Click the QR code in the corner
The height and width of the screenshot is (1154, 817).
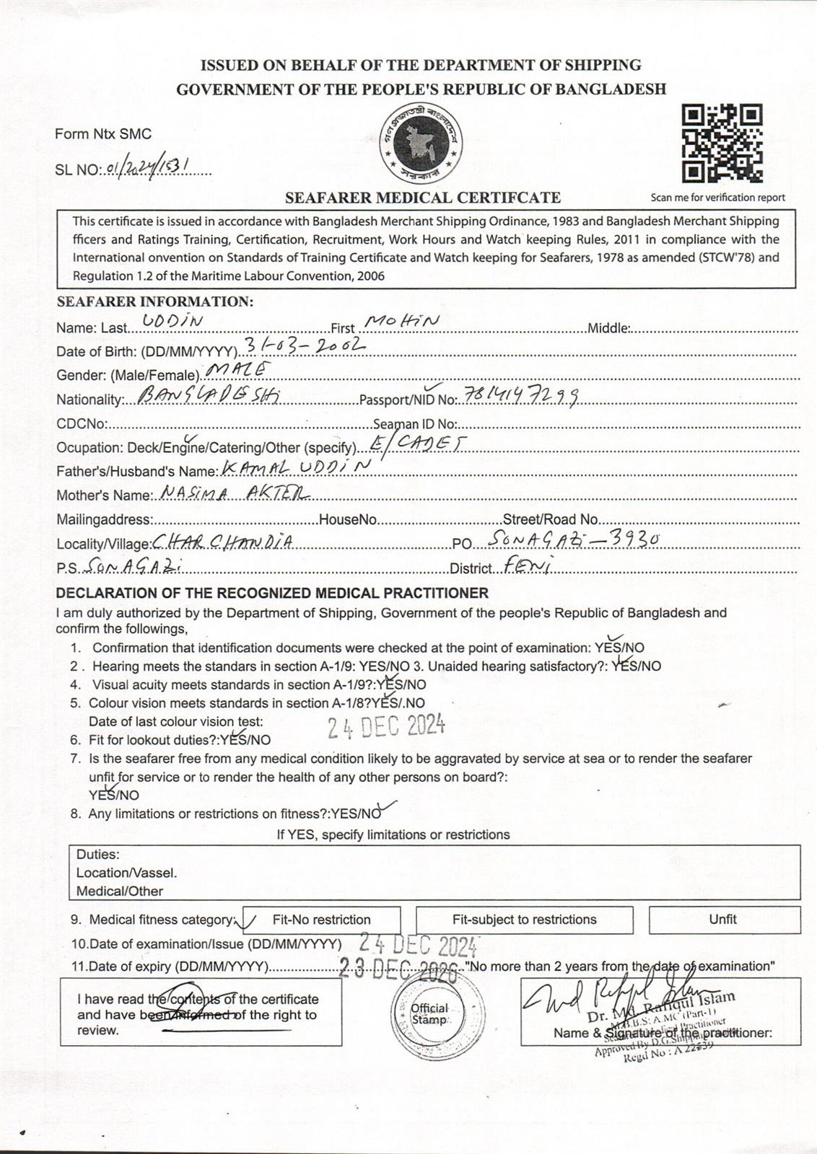(722, 144)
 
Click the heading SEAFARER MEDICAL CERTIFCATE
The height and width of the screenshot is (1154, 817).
(423, 198)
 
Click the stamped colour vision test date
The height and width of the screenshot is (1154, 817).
(386, 726)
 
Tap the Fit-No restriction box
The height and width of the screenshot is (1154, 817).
(321, 920)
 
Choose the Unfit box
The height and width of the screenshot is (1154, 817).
(723, 919)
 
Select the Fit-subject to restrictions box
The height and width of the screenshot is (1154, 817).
(524, 920)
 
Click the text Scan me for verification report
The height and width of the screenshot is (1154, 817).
(717, 198)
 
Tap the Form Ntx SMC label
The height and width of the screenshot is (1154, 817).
(103, 134)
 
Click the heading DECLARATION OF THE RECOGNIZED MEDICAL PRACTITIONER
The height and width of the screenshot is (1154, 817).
(272, 593)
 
